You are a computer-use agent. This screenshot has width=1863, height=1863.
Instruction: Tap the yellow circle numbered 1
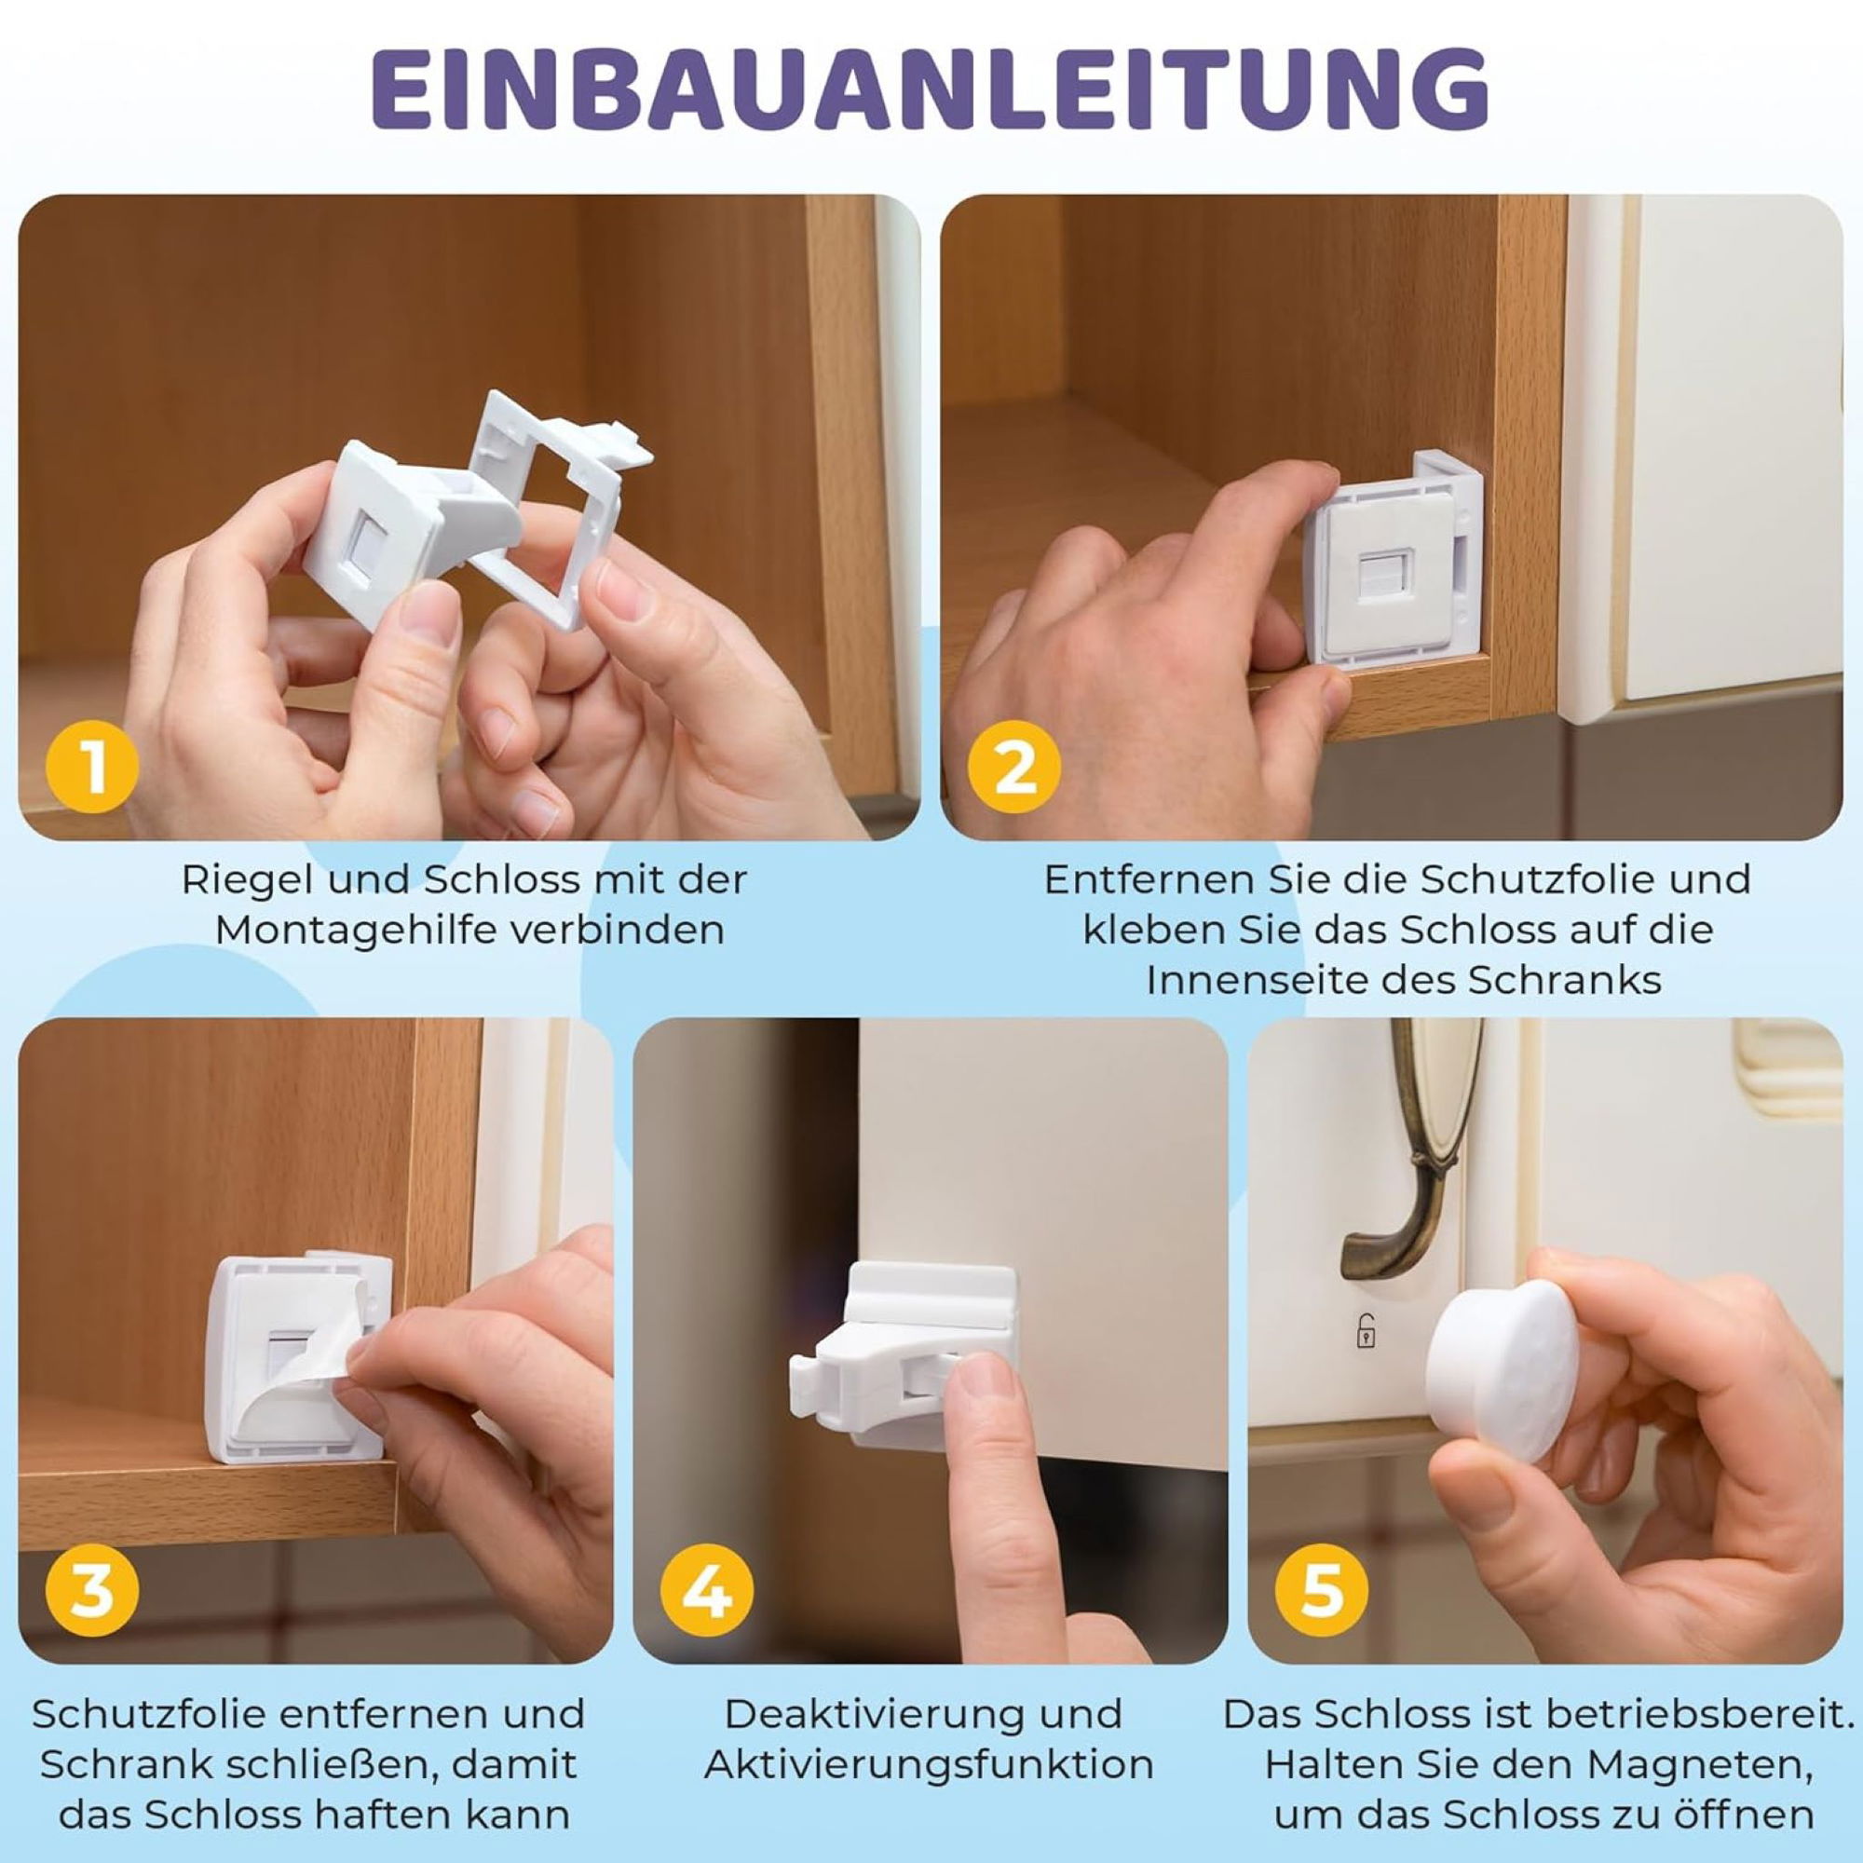92,768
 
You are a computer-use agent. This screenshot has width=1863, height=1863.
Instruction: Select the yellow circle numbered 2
1014,768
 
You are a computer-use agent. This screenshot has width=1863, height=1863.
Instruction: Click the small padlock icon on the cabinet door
1367,1330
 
